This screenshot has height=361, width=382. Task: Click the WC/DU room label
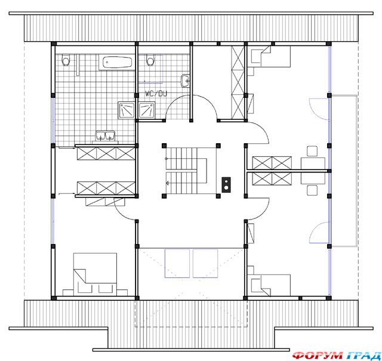pos(156,94)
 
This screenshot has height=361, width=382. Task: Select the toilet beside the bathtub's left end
pos(66,60)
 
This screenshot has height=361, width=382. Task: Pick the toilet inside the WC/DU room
pos(150,60)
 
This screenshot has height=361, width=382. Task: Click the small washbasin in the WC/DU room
pos(185,81)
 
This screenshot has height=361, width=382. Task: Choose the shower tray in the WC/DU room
pos(146,110)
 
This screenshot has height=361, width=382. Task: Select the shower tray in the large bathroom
pos(127,110)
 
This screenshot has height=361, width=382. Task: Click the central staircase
pos(186,171)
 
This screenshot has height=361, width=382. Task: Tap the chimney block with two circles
pos(226,184)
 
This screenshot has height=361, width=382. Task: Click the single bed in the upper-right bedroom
pos(270,57)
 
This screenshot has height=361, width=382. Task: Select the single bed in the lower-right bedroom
pos(270,285)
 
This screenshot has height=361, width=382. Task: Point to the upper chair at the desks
pos(312,151)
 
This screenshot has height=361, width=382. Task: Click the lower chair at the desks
pos(312,190)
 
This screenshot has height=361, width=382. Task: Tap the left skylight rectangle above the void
pos(177,263)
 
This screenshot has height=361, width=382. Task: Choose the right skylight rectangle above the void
pos(205,263)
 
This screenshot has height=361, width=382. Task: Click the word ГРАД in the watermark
pos(362,356)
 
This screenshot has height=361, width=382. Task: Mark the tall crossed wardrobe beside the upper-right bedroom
pos(238,82)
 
